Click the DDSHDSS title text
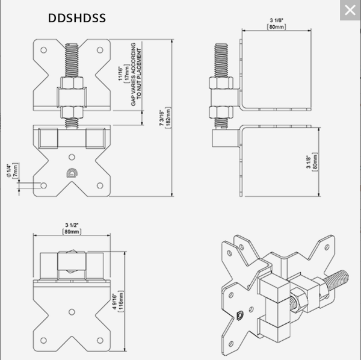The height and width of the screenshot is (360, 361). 76,18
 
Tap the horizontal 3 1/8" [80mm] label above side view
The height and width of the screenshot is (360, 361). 277,25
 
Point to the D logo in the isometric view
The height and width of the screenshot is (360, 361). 240,314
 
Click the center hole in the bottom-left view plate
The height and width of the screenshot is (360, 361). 72,311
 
